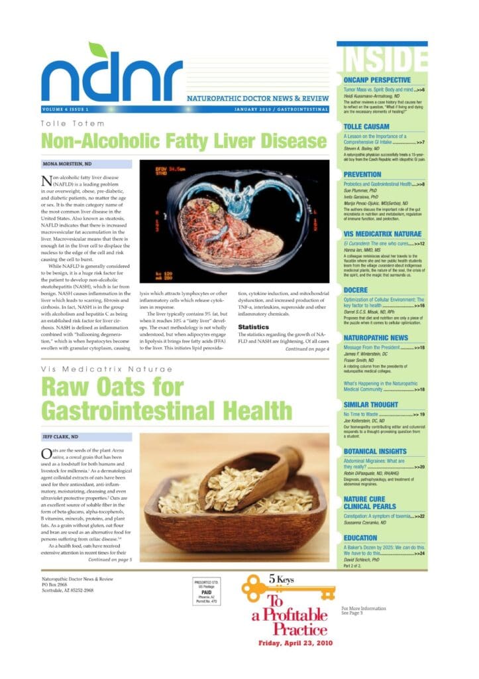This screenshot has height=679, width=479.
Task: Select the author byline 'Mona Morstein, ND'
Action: [x=68, y=162]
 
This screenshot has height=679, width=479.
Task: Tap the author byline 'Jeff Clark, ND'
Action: [x=61, y=437]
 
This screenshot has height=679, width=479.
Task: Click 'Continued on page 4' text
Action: [x=307, y=349]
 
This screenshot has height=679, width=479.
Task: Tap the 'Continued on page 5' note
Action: [x=109, y=559]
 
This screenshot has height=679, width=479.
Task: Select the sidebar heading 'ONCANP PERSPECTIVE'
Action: [x=378, y=80]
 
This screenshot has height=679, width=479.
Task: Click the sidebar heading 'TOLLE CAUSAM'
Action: [x=367, y=126]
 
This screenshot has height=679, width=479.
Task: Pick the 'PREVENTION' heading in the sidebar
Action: [x=362, y=174]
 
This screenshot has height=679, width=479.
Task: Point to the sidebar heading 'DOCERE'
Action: [x=356, y=290]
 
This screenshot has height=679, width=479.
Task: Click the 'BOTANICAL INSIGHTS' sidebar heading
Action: [x=375, y=451]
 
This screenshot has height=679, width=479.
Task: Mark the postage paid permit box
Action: [x=207, y=590]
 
